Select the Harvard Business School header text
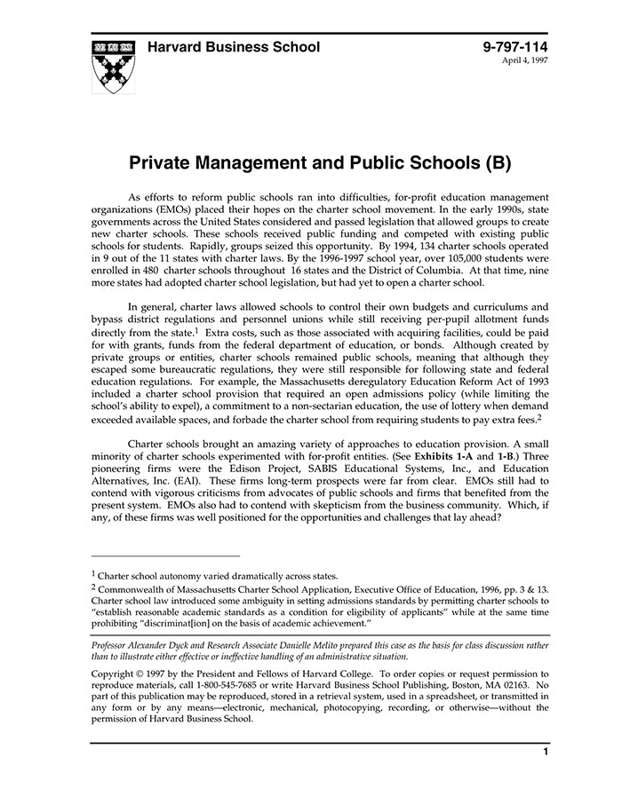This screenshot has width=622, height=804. tap(234, 47)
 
